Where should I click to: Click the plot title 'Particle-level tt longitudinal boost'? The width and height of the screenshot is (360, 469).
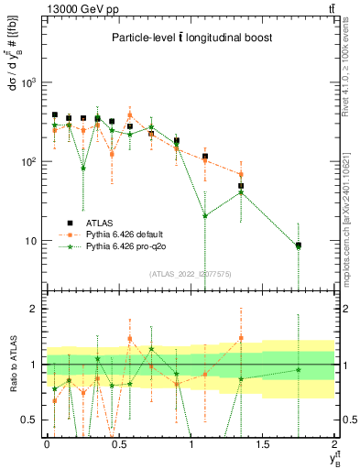[190, 38]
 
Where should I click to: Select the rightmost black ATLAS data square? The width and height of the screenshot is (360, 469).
[299, 245]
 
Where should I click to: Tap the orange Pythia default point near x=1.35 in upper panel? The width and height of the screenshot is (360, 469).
[241, 174]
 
